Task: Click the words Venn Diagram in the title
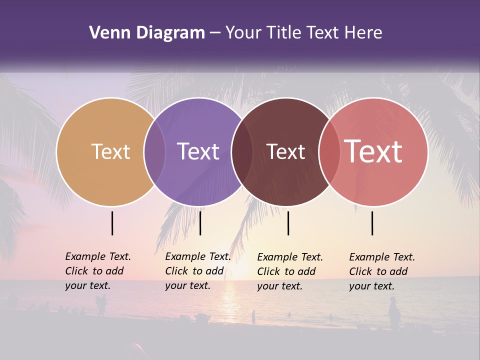(x=147, y=33)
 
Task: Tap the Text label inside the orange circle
(x=110, y=151)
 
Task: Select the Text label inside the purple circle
(x=198, y=151)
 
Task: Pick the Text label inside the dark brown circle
(x=285, y=151)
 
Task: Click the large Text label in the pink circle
(x=373, y=151)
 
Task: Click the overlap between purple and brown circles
(x=241, y=151)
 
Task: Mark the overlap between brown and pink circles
(x=329, y=151)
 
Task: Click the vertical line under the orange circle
(x=112, y=223)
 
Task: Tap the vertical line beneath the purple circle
(x=200, y=223)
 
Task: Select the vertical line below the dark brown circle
(x=288, y=223)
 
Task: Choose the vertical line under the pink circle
(x=372, y=223)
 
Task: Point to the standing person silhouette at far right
(x=394, y=314)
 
